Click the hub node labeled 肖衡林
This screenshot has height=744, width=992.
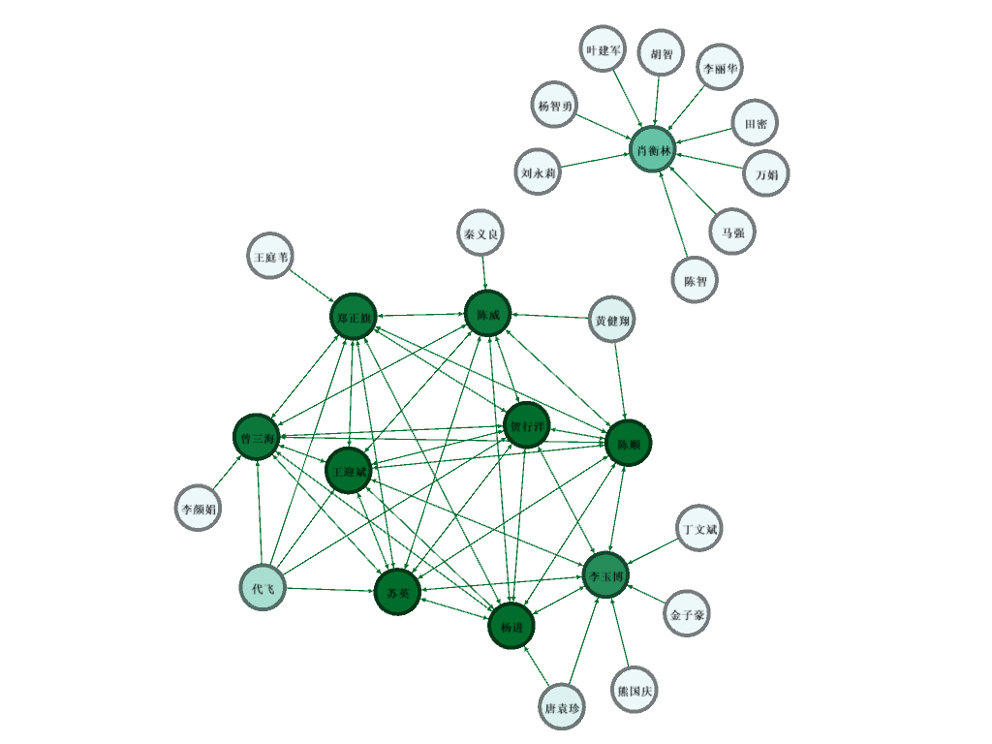coord(652,150)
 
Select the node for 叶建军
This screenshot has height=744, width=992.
coord(604,50)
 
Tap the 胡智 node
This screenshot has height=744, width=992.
coord(661,54)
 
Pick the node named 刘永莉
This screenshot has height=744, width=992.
coord(538,172)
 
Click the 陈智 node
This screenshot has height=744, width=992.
coord(695,280)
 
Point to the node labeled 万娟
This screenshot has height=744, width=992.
coord(766,174)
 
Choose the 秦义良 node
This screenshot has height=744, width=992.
coord(480,233)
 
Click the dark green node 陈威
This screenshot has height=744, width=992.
coord(487,314)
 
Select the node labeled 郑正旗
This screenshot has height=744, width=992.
coord(352,316)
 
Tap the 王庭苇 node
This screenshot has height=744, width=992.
coord(269,256)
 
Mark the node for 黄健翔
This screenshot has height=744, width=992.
coord(612,320)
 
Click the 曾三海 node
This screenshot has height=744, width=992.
coord(257,438)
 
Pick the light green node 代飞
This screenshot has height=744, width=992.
coord(263,588)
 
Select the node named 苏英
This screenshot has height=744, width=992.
coord(397,592)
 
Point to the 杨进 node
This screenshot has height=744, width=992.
coord(511,626)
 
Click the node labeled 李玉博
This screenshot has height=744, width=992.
coord(606,573)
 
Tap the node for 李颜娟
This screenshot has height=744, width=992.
coord(199,507)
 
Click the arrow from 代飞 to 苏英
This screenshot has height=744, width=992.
coord(329,590)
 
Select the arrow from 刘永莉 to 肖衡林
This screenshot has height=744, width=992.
coord(595,161)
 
